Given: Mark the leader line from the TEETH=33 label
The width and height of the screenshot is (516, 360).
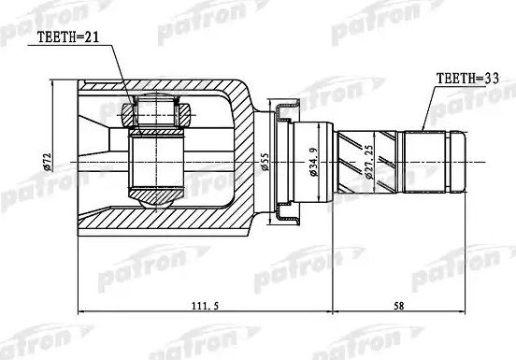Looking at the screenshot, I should [x=429, y=108].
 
